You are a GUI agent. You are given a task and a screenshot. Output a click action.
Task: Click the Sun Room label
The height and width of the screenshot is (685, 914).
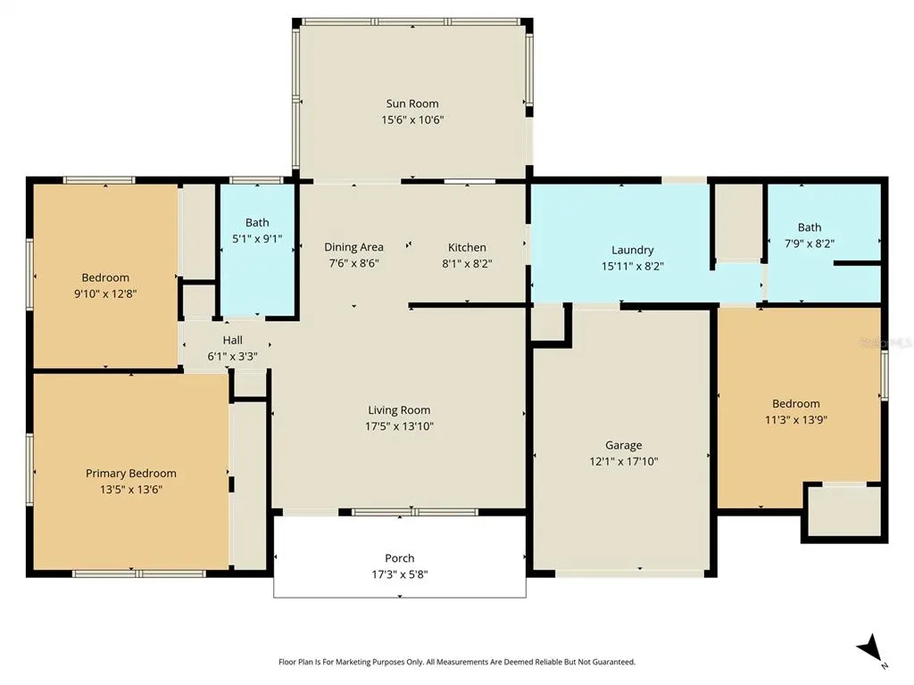(x=412, y=103)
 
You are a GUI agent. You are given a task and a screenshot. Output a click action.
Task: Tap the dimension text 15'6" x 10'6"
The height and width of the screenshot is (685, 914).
(x=412, y=120)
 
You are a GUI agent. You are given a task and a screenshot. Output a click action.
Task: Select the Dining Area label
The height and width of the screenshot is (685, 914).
(x=353, y=247)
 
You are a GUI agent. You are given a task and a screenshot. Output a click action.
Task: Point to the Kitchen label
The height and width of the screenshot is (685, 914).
(x=467, y=247)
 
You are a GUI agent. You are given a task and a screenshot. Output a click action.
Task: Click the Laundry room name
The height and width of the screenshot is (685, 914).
(x=633, y=250)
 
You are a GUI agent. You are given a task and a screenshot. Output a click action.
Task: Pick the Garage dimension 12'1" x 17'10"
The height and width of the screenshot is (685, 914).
(x=624, y=461)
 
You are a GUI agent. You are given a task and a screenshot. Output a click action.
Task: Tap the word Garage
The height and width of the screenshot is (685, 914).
(x=624, y=446)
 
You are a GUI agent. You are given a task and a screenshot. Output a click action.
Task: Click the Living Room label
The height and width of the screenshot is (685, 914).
(x=399, y=410)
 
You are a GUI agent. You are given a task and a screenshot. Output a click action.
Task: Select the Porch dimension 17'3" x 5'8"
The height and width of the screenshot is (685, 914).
(x=400, y=574)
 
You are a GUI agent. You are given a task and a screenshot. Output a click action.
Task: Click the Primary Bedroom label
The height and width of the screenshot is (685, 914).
(x=131, y=474)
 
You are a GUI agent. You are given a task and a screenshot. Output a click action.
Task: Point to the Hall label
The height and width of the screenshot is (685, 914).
(x=233, y=340)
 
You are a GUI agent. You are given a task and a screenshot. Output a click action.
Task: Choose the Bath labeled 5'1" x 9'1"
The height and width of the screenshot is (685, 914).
(x=257, y=222)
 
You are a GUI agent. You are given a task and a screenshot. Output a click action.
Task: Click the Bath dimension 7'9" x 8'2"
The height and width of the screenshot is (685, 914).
(x=810, y=243)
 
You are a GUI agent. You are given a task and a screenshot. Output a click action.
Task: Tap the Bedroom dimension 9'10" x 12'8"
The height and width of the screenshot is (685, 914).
(x=105, y=293)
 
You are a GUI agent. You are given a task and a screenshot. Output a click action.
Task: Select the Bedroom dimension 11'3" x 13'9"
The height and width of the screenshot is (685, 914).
(x=796, y=419)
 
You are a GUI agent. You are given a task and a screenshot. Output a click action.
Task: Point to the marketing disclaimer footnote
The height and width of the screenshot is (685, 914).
(x=457, y=662)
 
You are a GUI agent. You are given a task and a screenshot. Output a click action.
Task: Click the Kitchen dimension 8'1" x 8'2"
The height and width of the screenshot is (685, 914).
(x=467, y=263)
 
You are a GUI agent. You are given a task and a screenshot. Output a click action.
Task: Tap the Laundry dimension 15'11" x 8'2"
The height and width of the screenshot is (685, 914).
(x=633, y=266)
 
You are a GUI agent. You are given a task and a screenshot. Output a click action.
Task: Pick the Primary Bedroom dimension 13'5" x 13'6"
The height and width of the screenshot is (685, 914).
(x=131, y=490)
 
